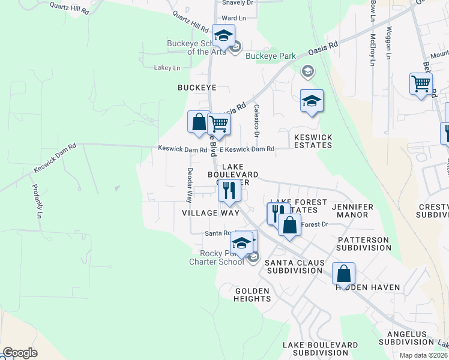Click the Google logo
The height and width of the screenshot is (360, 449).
pos(20,353)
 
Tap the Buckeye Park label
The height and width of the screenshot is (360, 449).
pos(271,56)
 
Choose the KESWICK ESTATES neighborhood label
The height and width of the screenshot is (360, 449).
pos(313,141)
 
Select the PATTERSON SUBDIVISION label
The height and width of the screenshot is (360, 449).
pos(363,243)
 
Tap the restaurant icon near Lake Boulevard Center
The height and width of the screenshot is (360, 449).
pos(229,191)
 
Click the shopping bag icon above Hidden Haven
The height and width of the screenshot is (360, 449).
pos(343,273)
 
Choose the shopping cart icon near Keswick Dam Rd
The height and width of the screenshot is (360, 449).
pos(219,124)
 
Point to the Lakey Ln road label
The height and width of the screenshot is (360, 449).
pos(167,68)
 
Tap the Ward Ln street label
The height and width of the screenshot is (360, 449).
pos(234,19)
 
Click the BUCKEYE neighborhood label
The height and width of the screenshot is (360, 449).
pos(196,88)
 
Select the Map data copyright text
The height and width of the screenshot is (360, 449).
pos(424,355)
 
